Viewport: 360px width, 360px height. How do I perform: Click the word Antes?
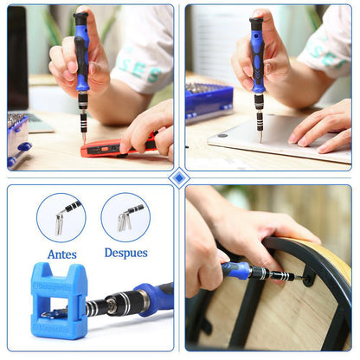coord(61,254)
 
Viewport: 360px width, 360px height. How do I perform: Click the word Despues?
coord(125,254)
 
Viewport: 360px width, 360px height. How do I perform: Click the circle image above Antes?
coord(61,217)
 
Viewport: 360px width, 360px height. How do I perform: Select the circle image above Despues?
coord(125,216)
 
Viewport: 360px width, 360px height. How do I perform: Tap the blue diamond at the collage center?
coord(179,177)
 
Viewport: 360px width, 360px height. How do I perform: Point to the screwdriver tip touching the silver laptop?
coord(259,138)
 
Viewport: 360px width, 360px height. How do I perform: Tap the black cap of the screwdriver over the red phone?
coord(80,18)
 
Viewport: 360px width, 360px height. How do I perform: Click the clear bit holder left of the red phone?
coord(17,138)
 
